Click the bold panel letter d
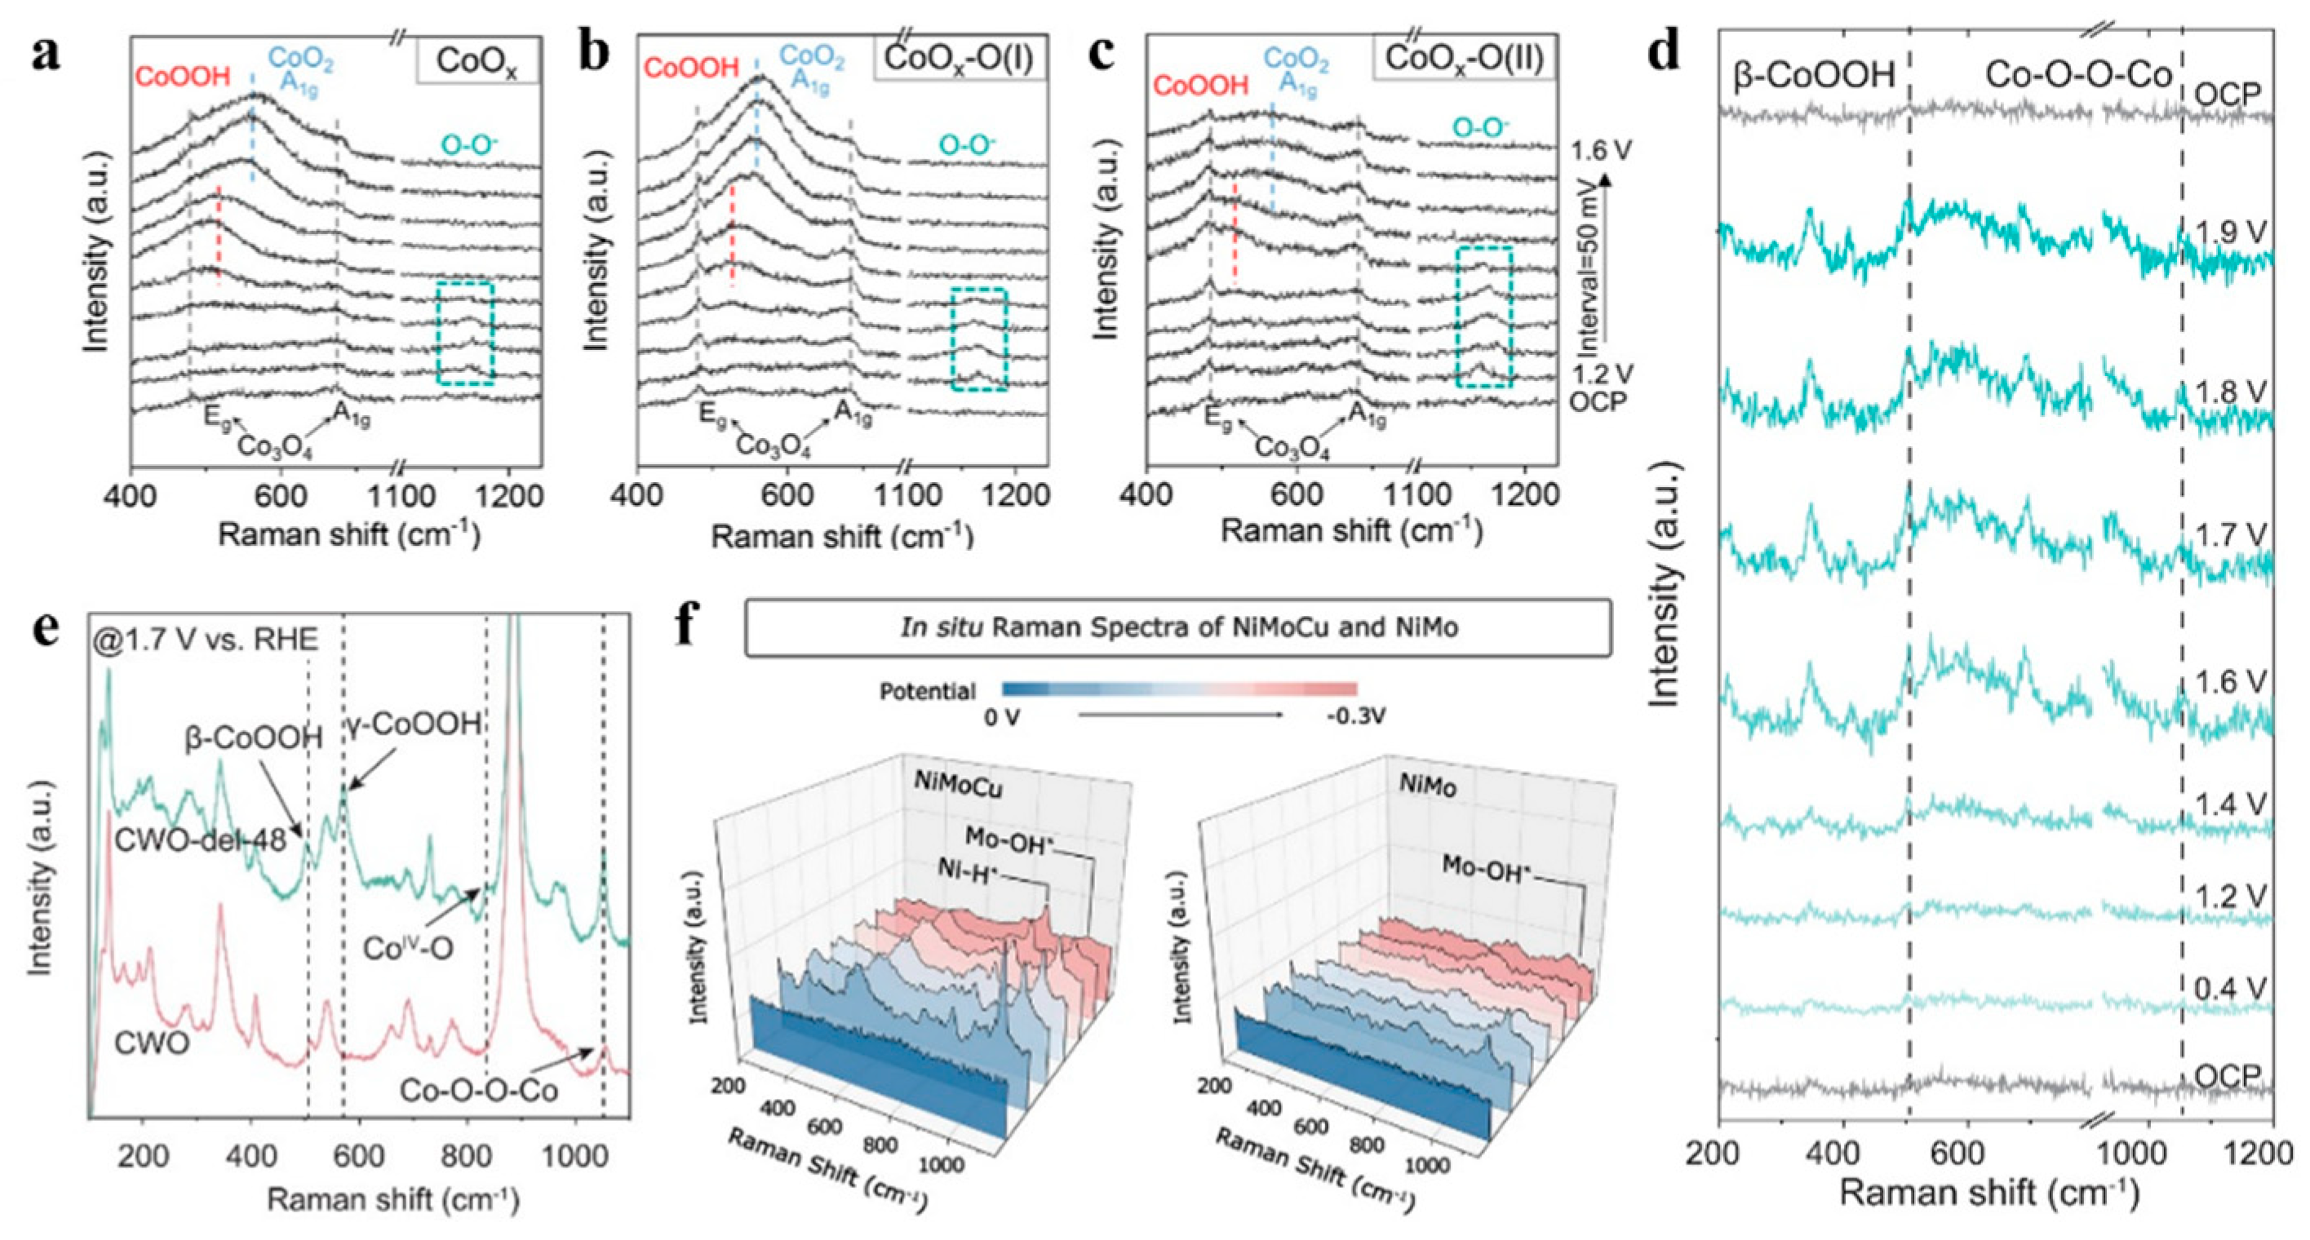[x=1665, y=52]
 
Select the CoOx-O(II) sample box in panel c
[x=1464, y=58]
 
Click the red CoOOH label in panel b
[x=691, y=67]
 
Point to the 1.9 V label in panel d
[x=2231, y=233]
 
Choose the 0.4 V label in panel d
[x=2231, y=988]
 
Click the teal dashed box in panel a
[x=465, y=334]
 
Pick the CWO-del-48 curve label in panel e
[x=199, y=840]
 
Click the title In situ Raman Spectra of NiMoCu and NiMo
[x=1178, y=627]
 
